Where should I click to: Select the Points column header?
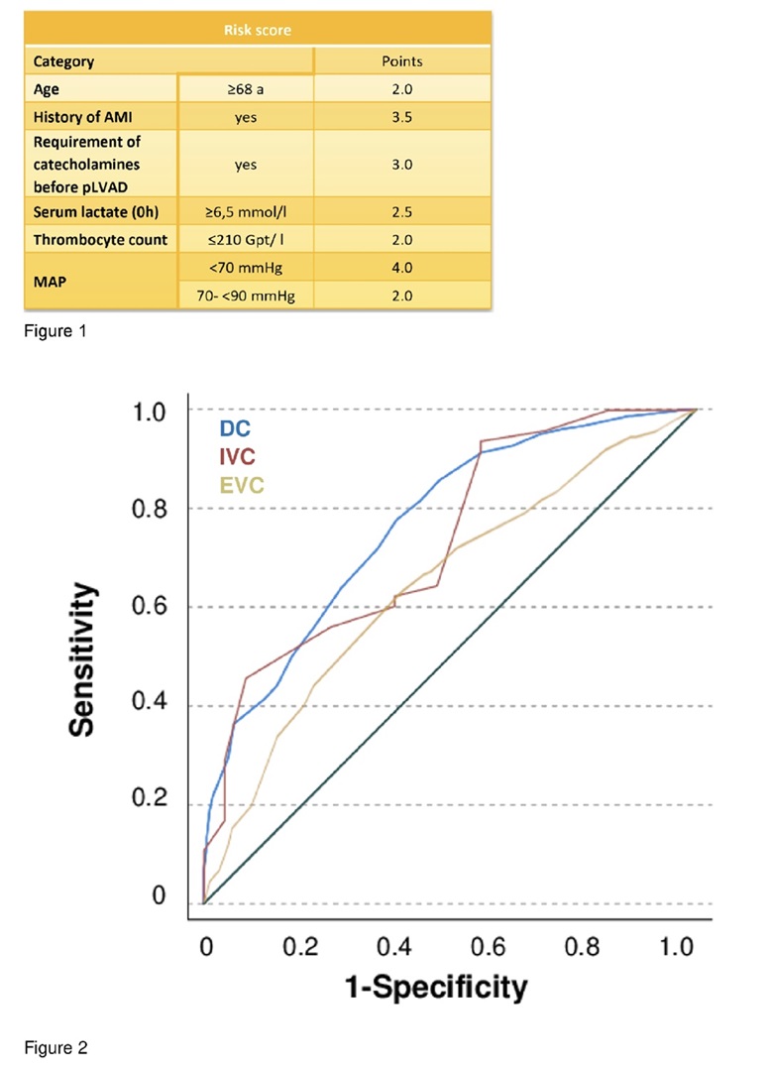point(401,61)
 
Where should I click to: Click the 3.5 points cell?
point(401,117)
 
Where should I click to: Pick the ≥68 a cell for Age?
point(246,89)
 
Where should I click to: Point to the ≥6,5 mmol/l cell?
point(246,212)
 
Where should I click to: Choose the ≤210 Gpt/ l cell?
point(246,240)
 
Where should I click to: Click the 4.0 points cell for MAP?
point(401,268)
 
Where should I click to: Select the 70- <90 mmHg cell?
point(246,296)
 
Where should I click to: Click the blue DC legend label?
point(235,429)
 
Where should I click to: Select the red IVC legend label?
point(239,457)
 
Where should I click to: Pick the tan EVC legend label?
point(243,486)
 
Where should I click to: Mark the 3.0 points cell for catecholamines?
point(401,165)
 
